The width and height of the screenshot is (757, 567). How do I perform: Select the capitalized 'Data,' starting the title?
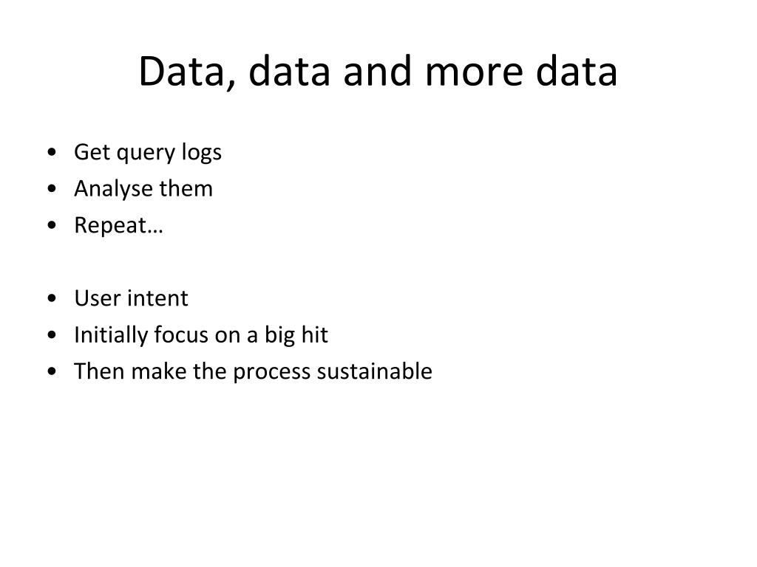pos(186,73)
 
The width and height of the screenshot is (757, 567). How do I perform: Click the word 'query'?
pos(145,154)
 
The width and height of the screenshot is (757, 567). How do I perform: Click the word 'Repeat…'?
pos(118,226)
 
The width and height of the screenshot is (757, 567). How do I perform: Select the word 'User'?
pos(98,298)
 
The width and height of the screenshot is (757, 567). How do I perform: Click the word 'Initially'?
pos(111,335)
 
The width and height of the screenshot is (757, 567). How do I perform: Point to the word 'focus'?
pos(181,335)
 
